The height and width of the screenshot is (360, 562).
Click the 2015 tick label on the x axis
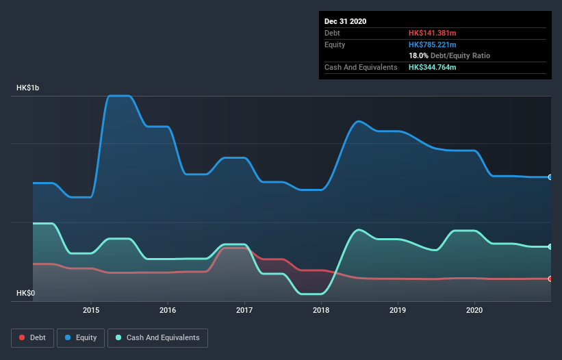91,310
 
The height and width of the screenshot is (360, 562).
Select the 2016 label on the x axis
168,310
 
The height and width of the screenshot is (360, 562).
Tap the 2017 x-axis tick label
244,310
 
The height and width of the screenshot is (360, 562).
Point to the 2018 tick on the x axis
321,310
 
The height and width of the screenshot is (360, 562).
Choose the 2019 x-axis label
398,310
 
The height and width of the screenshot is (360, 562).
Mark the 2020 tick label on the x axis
474,310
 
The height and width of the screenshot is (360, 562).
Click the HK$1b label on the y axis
30,88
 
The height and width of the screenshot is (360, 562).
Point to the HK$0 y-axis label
25,293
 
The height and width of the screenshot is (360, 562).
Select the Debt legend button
31,337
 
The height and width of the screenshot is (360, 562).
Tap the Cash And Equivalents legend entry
157,337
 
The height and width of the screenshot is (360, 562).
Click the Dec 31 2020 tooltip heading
345,21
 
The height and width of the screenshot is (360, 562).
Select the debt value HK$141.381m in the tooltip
432,33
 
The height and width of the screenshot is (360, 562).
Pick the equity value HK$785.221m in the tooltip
432,44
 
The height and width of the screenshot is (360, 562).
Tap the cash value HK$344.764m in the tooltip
432,67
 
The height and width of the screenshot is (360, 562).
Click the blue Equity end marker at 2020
550,177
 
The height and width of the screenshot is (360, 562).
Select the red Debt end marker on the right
550,279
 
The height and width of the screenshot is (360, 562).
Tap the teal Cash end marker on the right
550,246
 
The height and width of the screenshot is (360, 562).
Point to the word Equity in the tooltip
335,44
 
